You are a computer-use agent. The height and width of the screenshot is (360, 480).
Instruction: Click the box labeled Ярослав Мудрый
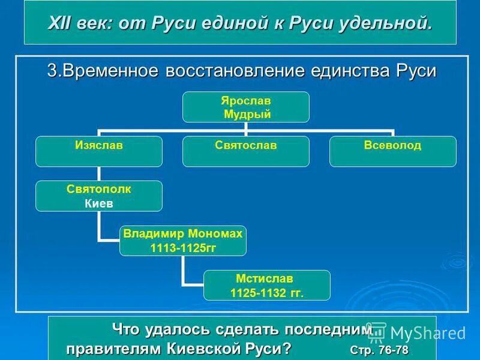pyautogui.click(x=246, y=107)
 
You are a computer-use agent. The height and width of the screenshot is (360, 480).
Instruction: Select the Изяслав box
pyautogui.click(x=98, y=151)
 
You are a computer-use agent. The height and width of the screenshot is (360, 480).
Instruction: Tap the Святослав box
pyautogui.click(x=246, y=151)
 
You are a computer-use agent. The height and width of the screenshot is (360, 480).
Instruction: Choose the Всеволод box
pyautogui.click(x=393, y=151)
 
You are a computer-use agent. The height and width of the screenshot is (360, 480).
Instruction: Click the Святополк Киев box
pyautogui.click(x=98, y=196)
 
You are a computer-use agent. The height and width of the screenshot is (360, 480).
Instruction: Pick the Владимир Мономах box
pyautogui.click(x=182, y=241)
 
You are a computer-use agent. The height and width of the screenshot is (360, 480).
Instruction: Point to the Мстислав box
pyautogui.click(x=266, y=285)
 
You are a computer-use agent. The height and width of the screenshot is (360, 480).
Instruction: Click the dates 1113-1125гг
pyautogui.click(x=182, y=247)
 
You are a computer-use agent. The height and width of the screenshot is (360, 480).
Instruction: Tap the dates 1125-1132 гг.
pyautogui.click(x=267, y=292)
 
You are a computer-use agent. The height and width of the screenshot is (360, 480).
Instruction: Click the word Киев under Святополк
pyautogui.click(x=98, y=203)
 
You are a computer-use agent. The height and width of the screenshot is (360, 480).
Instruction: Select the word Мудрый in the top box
pyautogui.click(x=247, y=114)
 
